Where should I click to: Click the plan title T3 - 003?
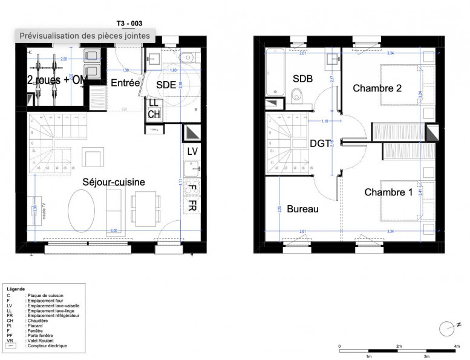coord(129,23)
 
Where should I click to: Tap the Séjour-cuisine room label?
coord(114,182)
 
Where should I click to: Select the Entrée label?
coord(126,83)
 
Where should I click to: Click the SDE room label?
coord(166,85)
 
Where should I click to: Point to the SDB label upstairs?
coord(302,79)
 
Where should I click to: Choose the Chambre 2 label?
coord(377,88)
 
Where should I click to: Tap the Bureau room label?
coord(302,209)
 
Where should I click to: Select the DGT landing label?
coord(320,143)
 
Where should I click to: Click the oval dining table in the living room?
coord(81,211)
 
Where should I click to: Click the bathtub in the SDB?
coord(275,72)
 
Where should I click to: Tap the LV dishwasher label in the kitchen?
coord(192,151)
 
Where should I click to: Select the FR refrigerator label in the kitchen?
coord(192,206)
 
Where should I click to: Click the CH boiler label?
coord(154,114)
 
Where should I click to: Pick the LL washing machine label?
coord(154,103)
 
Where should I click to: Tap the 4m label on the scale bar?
coord(457,346)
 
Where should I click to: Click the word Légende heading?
coord(16,289)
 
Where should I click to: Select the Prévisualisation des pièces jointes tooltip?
coord(85,36)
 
